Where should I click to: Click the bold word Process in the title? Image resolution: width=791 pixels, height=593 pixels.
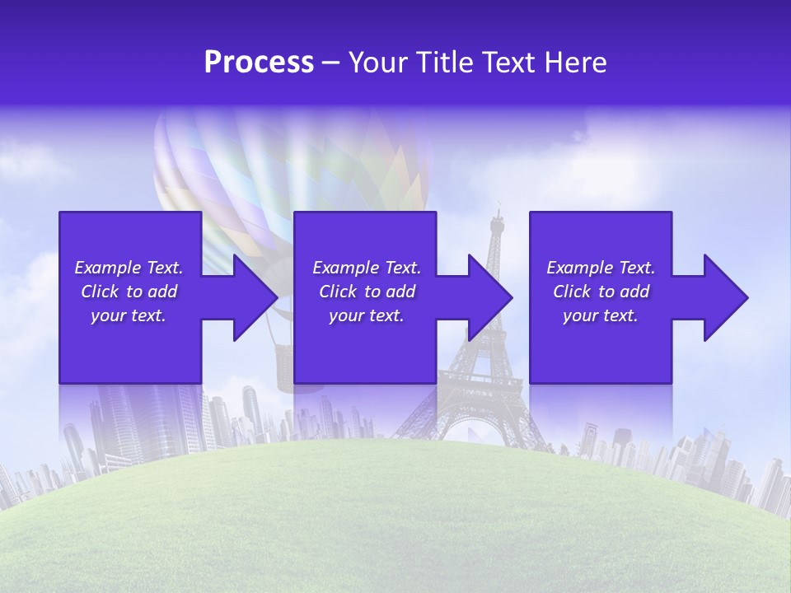tap(259, 63)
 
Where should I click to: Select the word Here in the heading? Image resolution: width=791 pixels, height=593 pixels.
tap(576, 63)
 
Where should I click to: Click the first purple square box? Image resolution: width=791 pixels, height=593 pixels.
tap(130, 239)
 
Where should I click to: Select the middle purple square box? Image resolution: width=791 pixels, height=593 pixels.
tap(365, 239)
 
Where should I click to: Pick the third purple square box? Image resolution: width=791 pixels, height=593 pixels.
tap(600, 239)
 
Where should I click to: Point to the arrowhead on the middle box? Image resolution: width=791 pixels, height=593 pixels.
tap(485, 297)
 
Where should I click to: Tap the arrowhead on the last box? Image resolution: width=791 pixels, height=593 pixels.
tap(721, 297)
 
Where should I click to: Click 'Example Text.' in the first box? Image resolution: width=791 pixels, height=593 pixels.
tap(129, 268)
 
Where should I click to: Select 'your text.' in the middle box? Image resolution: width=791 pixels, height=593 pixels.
tap(366, 315)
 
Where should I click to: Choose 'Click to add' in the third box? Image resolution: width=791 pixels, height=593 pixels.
tap(601, 292)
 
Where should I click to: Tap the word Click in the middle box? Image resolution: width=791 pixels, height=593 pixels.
tap(338, 292)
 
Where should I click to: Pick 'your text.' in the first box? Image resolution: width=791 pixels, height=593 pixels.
tap(129, 315)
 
